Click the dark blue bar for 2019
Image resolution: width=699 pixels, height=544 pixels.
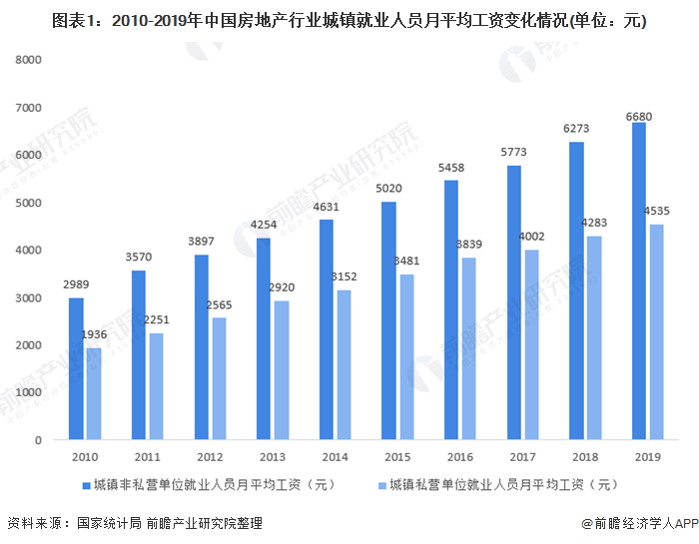pyautogui.click(x=639, y=280)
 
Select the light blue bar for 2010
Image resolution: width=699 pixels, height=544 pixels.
pyautogui.click(x=94, y=393)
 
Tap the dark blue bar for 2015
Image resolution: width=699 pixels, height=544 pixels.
pyautogui.click(x=388, y=320)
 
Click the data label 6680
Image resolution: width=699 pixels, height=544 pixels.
pyautogui.click(x=639, y=117)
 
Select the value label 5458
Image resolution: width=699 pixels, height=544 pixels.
pyautogui.click(x=450, y=170)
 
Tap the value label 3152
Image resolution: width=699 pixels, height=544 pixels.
pyautogui.click(x=344, y=278)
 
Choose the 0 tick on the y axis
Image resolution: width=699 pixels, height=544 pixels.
pyautogui.click(x=37, y=440)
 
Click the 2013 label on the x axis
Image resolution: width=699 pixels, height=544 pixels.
pyautogui.click(x=272, y=457)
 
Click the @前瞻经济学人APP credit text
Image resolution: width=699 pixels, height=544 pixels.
pyautogui.click(x=639, y=523)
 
